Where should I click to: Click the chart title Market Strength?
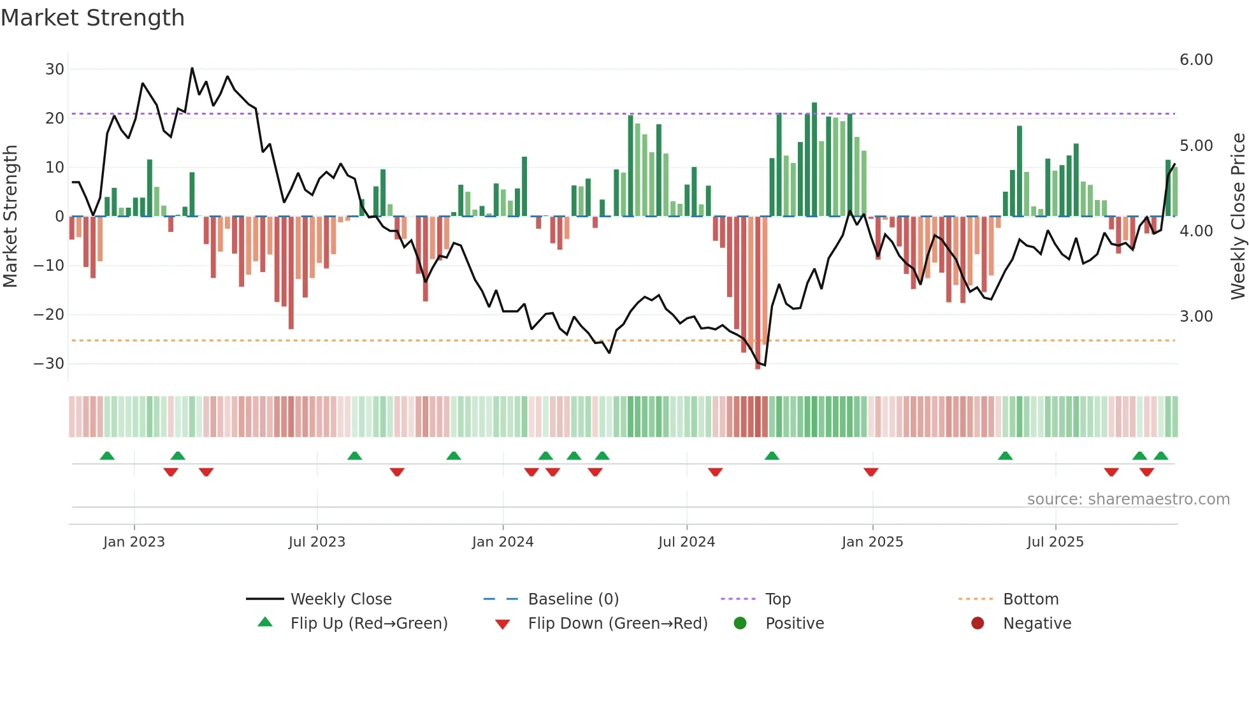(92, 18)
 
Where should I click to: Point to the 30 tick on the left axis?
(55, 69)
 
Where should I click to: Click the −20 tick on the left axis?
(49, 314)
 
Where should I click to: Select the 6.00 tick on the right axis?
(1196, 60)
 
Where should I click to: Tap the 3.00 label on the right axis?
(1196, 317)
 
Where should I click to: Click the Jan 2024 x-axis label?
(503, 542)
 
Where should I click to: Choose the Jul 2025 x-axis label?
(1055, 542)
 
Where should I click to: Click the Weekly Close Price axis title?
(1238, 217)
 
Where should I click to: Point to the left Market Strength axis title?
(10, 217)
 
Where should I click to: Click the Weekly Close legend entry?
(341, 599)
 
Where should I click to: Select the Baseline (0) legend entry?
(574, 599)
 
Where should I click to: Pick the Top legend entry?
(778, 599)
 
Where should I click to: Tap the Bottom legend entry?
(1030, 599)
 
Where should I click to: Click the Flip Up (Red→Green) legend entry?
(369, 624)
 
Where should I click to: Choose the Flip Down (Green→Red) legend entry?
(617, 624)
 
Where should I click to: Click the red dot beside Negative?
(978, 624)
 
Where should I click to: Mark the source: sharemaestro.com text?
(1128, 499)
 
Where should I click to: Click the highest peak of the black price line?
(192, 68)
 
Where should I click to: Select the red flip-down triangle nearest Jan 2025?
(871, 472)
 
